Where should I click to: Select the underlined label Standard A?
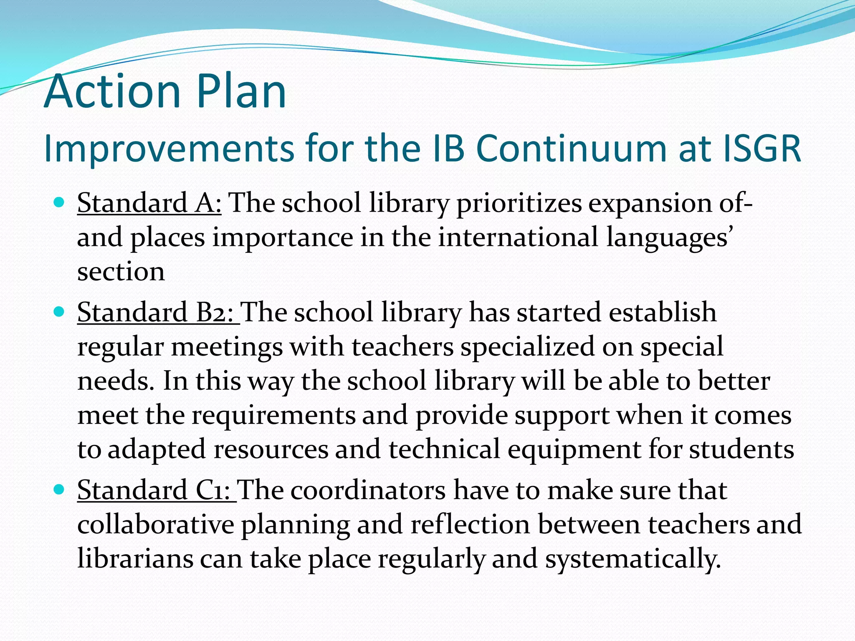[x=149, y=203]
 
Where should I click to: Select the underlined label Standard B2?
[x=158, y=313]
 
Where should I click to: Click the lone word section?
[x=121, y=272]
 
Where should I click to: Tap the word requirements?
[x=273, y=416]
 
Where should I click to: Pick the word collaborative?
[x=156, y=525]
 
